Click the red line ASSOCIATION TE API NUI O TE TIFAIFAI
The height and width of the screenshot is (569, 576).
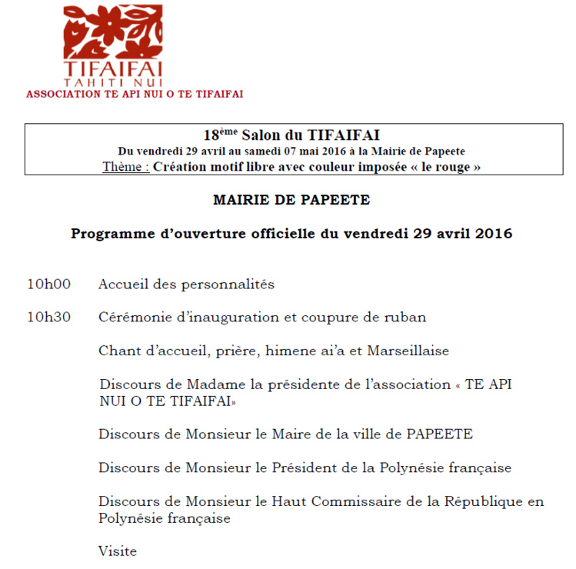click(135, 94)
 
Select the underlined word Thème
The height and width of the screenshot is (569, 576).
click(125, 167)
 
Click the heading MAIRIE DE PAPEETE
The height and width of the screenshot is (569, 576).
click(291, 200)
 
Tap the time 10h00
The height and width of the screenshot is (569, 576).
click(49, 284)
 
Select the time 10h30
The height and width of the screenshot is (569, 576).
click(49, 317)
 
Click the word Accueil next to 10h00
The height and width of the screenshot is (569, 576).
click(123, 284)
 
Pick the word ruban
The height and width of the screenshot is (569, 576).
click(408, 317)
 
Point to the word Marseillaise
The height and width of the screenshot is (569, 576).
click(408, 351)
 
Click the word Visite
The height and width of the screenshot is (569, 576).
click(118, 551)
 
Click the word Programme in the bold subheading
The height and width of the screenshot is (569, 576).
click(109, 233)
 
